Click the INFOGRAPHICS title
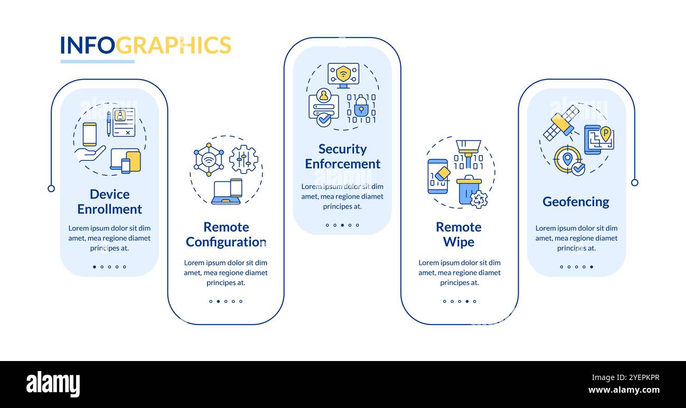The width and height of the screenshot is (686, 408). click(x=145, y=45)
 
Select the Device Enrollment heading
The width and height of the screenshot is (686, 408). click(x=109, y=202)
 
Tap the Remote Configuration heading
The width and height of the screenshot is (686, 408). click(x=225, y=234)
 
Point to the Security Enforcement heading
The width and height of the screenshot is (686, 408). click(x=342, y=156)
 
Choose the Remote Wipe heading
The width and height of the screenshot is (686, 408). click(x=459, y=234)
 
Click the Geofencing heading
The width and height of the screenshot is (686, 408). click(x=576, y=202)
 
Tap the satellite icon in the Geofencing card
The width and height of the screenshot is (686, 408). click(x=560, y=122)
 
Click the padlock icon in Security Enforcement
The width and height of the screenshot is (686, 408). click(x=361, y=108)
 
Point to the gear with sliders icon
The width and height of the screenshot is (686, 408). click(x=243, y=159)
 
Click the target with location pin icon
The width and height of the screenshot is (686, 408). click(x=568, y=159)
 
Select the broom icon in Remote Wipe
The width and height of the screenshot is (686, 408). click(x=468, y=150)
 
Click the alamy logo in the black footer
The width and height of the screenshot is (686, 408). click(x=53, y=384)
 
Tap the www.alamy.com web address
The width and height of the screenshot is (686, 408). click(x=624, y=391)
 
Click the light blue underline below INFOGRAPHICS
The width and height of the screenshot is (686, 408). click(x=97, y=62)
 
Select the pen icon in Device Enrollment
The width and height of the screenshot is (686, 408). click(x=109, y=124)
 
